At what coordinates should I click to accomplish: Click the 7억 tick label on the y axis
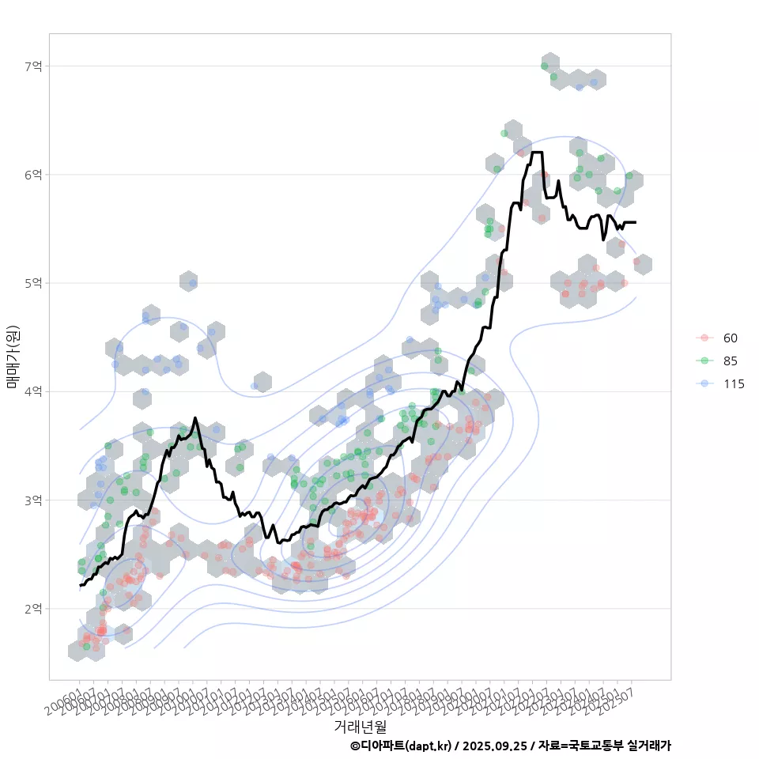click(34, 66)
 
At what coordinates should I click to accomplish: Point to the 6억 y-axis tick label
click(34, 174)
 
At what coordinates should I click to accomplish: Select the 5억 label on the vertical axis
click(34, 283)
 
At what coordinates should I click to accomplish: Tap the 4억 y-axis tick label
click(34, 391)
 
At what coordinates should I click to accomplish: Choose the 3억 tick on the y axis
click(34, 500)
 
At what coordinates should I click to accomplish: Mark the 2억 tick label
click(34, 609)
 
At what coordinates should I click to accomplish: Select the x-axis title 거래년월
click(361, 726)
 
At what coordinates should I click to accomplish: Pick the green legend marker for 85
click(703, 361)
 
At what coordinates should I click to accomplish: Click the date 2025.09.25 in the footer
click(495, 746)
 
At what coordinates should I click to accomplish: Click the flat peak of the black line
click(537, 152)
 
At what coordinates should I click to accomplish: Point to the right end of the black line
click(636, 222)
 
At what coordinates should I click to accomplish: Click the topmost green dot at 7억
click(544, 66)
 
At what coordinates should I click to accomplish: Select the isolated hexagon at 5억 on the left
click(188, 281)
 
